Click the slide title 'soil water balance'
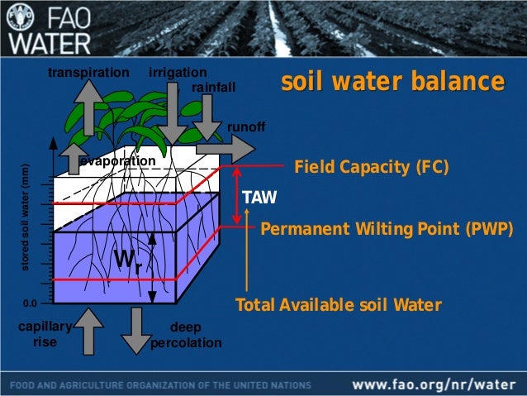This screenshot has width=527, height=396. tap(392, 83)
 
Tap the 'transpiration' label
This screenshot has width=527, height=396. tap(89, 73)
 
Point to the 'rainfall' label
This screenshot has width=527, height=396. tap(213, 87)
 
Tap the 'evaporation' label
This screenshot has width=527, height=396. tap(118, 160)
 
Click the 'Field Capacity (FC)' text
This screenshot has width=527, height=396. tap(372, 167)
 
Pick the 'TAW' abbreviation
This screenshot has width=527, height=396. tap(259, 198)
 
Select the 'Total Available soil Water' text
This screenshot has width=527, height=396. tap(339, 305)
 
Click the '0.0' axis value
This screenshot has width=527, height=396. tap(30, 303)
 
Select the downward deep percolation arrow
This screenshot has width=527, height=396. tap(133, 331)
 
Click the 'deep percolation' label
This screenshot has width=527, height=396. tap(186, 335)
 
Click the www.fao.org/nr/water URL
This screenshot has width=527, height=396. tap(437, 384)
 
